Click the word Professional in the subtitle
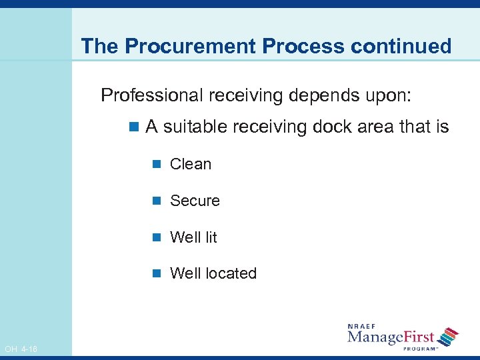(x=151, y=95)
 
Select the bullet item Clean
(x=191, y=164)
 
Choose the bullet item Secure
(x=195, y=201)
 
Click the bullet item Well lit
(x=193, y=237)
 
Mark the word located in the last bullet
(x=231, y=273)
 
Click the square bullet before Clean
(x=157, y=165)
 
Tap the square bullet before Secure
(x=157, y=201)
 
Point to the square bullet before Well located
(x=157, y=274)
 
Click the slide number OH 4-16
(x=21, y=349)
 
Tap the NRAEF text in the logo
(x=363, y=326)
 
